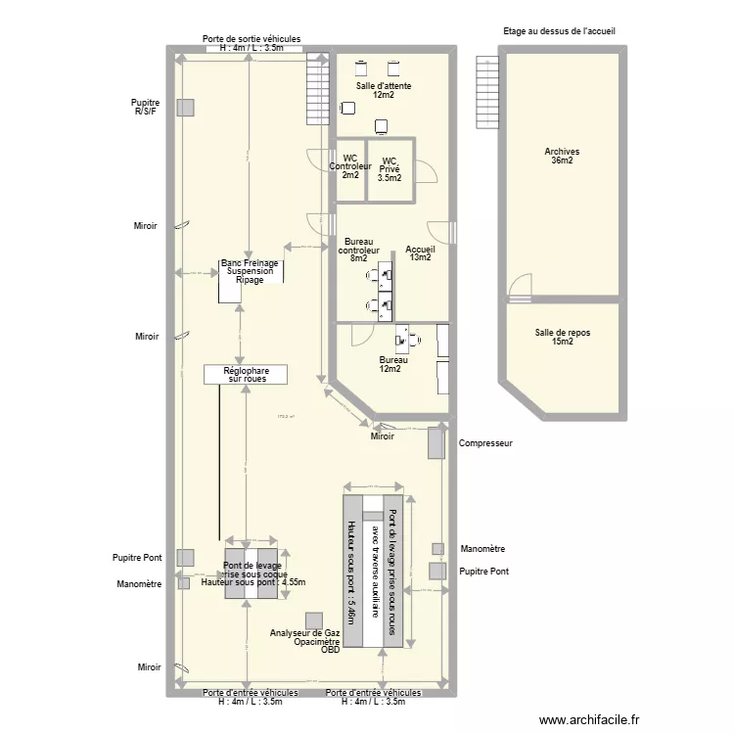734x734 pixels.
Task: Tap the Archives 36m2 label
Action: click(562, 157)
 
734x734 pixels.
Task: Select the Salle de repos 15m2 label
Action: click(562, 337)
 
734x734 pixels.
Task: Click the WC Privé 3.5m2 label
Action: click(390, 169)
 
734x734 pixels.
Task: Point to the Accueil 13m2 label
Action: click(420, 253)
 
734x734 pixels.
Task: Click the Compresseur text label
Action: click(485, 443)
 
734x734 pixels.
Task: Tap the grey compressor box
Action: click(436, 442)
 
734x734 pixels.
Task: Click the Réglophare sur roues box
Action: click(246, 374)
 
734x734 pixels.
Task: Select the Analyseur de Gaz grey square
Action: click(313, 620)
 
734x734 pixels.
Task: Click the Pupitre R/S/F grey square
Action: click(184, 107)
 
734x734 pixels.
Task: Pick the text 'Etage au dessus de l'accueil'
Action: click(559, 31)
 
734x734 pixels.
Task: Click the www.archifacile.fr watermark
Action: click(593, 717)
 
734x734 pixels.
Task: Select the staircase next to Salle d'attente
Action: click(318, 89)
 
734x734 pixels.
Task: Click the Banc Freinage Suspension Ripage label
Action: click(250, 271)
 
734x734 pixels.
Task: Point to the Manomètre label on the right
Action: click(482, 549)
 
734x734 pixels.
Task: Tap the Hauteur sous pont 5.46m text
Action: click(349, 567)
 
